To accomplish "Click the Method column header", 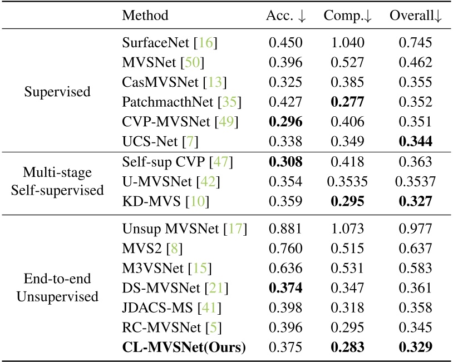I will click(145, 16).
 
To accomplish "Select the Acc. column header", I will click(285, 16).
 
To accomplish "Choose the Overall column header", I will click(416, 16).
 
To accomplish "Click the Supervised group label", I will click(57, 91).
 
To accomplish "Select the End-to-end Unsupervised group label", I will click(57, 287).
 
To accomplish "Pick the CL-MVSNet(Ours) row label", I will click(184, 347).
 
